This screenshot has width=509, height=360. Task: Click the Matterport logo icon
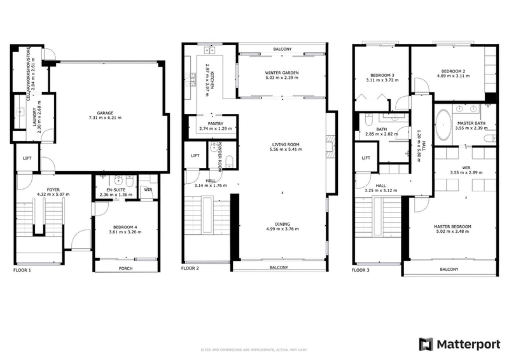[x=425, y=344]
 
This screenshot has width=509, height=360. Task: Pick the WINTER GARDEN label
[x=281, y=73]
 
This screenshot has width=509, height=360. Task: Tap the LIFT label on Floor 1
[x=27, y=158]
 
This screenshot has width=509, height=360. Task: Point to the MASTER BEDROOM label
[x=452, y=226]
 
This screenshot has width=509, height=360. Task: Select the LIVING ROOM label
[x=286, y=144]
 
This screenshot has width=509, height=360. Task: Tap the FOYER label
[x=44, y=189]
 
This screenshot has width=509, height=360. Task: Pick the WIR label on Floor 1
[x=148, y=189]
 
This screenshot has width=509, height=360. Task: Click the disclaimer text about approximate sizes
[x=254, y=349]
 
